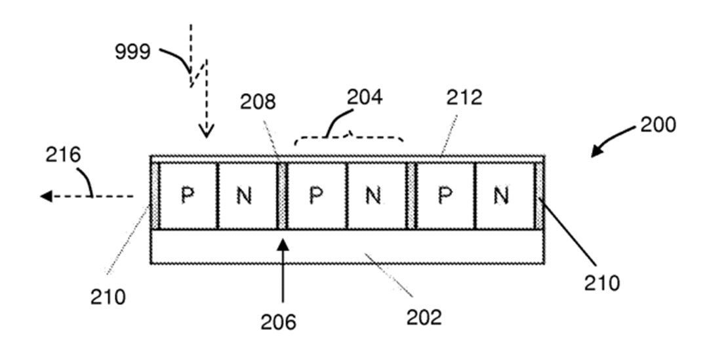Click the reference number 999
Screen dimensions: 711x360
pyautogui.click(x=133, y=52)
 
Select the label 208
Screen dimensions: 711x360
pyautogui.click(x=258, y=102)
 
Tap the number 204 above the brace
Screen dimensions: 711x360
pyautogui.click(x=365, y=97)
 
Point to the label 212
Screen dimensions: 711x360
pyautogui.click(x=464, y=98)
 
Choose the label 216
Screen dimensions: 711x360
pyautogui.click(x=63, y=155)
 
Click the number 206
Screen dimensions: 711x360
pyautogui.click(x=278, y=322)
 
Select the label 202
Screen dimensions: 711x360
pyautogui.click(x=424, y=318)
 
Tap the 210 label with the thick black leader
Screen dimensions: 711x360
pyautogui.click(x=601, y=283)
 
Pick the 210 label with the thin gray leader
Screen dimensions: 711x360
pyautogui.click(x=108, y=298)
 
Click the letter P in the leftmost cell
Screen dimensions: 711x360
pyautogui.click(x=188, y=196)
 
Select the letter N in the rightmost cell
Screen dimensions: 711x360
pyautogui.click(x=500, y=196)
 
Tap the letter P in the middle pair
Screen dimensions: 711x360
pyautogui.click(x=316, y=196)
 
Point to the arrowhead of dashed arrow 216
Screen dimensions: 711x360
pyautogui.click(x=46, y=196)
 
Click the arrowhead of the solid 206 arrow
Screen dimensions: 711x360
pyautogui.click(x=283, y=245)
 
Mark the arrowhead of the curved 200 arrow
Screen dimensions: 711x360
pyautogui.click(x=597, y=151)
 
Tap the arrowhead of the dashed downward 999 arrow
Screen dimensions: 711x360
pyautogui.click(x=207, y=132)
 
